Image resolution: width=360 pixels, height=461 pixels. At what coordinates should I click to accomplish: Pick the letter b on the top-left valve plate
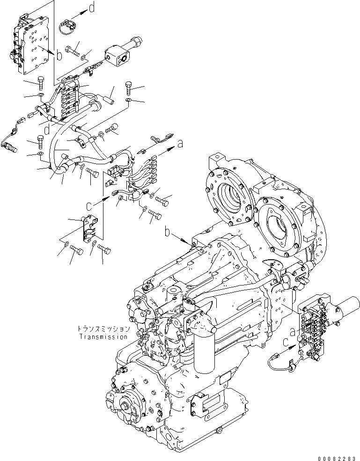(59, 56)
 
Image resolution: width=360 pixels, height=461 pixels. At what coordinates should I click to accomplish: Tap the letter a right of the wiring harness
(180, 146)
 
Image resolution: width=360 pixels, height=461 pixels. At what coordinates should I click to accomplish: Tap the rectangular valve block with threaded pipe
(120, 52)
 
